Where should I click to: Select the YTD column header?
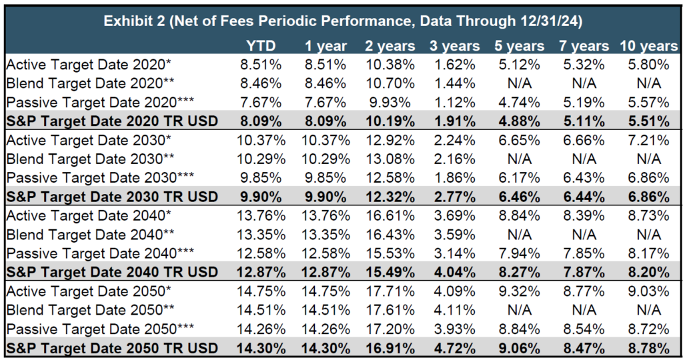click(261, 46)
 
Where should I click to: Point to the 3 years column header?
click(455, 46)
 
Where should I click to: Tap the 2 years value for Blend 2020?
click(390, 83)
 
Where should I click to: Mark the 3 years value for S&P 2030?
click(455, 198)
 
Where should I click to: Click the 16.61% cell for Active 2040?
click(390, 217)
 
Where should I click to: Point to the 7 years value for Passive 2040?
click(580, 254)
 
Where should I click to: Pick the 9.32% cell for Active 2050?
click(518, 291)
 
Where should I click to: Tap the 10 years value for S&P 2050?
click(648, 347)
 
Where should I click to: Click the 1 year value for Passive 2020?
click(326, 102)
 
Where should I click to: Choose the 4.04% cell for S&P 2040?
click(455, 273)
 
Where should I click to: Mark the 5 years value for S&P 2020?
click(518, 122)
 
